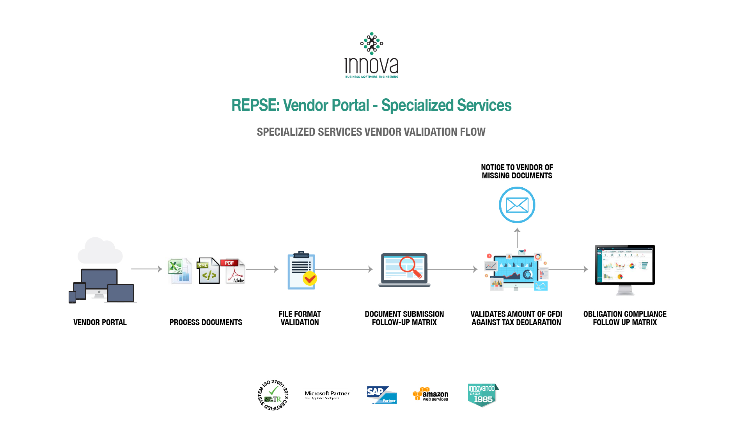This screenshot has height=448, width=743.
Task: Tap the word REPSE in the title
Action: click(255, 105)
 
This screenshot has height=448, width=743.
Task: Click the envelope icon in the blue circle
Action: click(517, 205)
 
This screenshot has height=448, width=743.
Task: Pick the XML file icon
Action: click(208, 270)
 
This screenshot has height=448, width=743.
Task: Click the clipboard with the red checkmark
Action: click(301, 270)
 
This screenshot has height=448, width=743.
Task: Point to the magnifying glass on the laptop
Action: click(410, 267)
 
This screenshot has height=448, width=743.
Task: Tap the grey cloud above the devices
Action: click(100, 251)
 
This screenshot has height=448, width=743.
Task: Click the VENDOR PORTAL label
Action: click(100, 322)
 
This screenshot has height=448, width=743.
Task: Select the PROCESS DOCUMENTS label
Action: click(206, 322)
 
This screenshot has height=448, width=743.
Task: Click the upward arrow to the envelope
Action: click(517, 237)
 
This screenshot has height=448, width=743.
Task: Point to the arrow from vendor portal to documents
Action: click(146, 269)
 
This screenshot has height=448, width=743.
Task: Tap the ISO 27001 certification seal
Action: click(273, 395)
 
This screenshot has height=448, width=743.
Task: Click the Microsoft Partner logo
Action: click(327, 395)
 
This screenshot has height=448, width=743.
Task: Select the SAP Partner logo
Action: click(381, 395)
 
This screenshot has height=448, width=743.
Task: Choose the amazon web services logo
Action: click(431, 395)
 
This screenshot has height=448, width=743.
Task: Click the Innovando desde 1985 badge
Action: click(483, 395)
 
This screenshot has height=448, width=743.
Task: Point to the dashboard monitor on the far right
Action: click(624, 269)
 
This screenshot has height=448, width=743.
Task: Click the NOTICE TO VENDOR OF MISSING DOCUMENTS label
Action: click(517, 171)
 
